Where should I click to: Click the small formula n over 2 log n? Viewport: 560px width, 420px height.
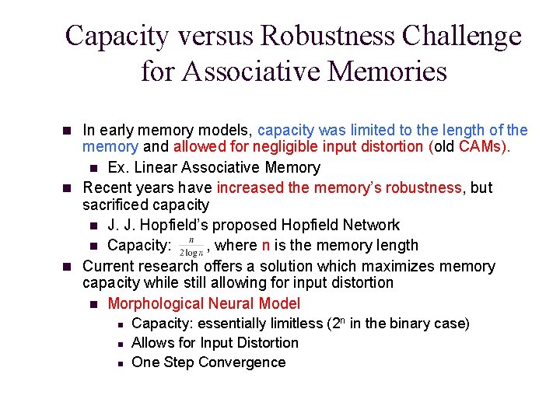point(191,247)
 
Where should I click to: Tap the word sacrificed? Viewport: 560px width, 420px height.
point(115,205)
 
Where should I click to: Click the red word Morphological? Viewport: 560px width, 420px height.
point(159,304)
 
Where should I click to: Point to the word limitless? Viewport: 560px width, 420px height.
point(289,324)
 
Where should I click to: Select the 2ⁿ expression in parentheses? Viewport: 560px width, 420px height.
point(338,323)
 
